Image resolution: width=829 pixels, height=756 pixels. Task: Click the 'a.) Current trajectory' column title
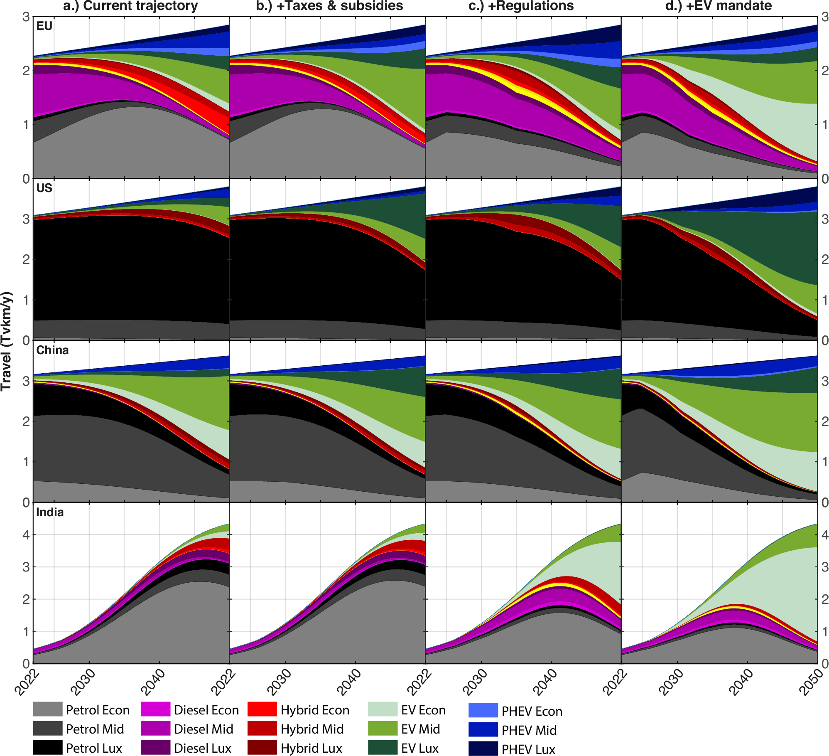point(130,6)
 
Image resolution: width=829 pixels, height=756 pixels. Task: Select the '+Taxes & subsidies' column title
point(329,6)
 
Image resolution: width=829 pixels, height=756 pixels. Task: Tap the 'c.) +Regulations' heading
point(521,6)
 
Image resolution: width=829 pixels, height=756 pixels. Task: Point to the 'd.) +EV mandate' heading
point(719,6)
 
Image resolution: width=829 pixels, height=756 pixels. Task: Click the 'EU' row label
point(44,26)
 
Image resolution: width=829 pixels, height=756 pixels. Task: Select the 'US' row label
point(44,188)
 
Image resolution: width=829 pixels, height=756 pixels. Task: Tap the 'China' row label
point(52,350)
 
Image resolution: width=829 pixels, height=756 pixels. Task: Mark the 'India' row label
point(50,512)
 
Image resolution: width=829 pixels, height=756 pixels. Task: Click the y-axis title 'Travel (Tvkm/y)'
point(7,341)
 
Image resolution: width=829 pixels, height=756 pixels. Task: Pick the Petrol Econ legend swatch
point(48,709)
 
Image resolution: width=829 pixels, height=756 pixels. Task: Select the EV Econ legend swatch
point(383,709)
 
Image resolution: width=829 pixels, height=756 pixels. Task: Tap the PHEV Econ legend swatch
point(483,710)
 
